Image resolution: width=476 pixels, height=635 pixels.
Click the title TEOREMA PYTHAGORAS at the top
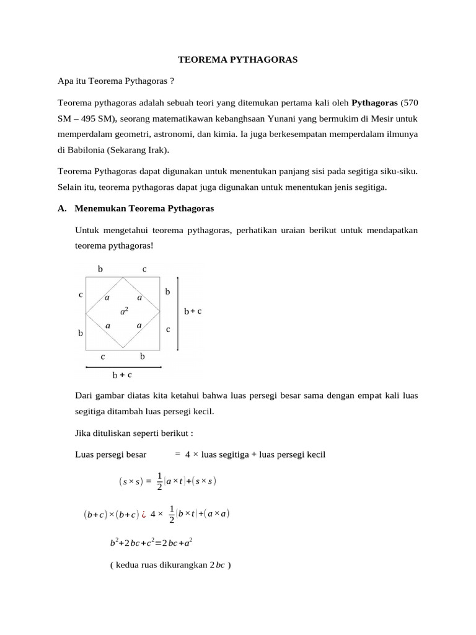tap(238, 60)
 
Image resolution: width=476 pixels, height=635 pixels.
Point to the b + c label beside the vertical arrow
tap(193, 311)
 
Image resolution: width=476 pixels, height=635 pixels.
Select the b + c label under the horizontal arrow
tap(121, 375)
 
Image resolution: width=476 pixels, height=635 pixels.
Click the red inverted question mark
tap(143, 514)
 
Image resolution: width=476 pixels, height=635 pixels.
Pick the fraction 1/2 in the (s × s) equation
tap(160, 481)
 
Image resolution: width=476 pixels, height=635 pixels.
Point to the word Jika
tap(82, 433)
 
